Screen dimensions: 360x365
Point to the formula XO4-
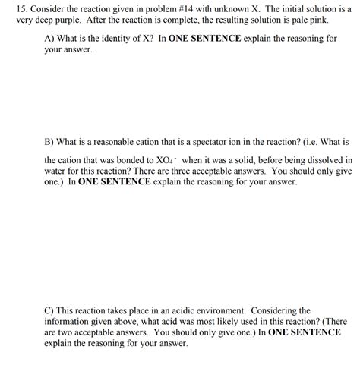point(166,161)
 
